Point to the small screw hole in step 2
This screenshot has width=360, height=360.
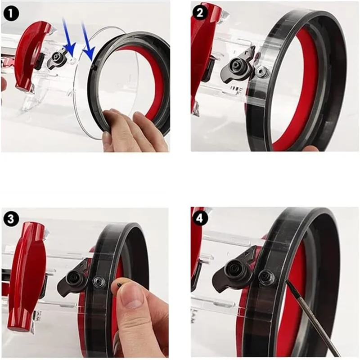(x=261, y=71)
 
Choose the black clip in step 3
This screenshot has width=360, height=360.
(x=75, y=281)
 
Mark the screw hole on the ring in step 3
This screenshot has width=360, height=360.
(x=97, y=282)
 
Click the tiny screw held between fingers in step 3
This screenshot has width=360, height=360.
(x=118, y=284)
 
